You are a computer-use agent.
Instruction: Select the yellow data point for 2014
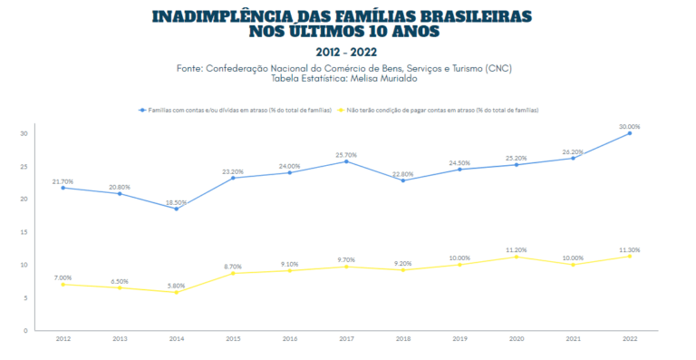[177, 292]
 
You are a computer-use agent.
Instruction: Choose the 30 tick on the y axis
[24, 133]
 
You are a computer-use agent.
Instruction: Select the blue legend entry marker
[141, 110]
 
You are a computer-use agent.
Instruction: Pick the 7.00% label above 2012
[63, 277]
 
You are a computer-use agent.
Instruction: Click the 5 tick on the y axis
[25, 297]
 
